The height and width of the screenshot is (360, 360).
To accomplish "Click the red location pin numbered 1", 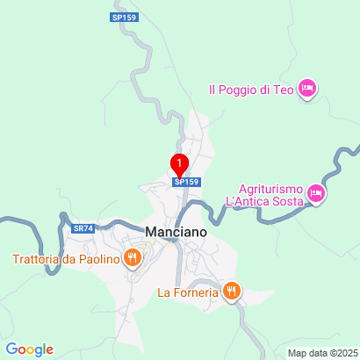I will click(x=180, y=164).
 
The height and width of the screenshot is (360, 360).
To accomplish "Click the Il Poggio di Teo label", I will click(x=251, y=88).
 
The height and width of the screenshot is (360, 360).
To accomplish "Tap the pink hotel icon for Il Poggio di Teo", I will click(x=306, y=88).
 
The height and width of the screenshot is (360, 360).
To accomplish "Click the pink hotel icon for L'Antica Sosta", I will click(x=316, y=195).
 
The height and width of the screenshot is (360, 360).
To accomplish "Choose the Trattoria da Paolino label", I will click(x=65, y=258).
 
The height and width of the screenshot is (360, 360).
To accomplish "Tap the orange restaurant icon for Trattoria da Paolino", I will click(x=132, y=257).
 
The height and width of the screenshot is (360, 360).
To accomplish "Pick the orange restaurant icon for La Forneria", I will click(x=231, y=291).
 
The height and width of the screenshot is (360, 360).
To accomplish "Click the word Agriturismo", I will click(x=270, y=189).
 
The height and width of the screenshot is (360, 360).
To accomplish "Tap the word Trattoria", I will click(x=36, y=258).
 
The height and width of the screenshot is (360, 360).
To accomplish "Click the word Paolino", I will click(x=98, y=258).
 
